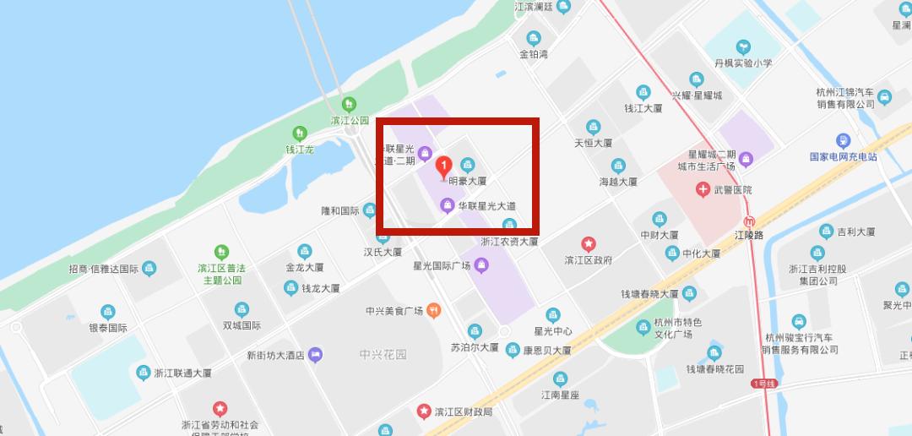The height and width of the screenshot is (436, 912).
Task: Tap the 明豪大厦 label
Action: (467, 181)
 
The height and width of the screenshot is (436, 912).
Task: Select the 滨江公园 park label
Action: (350, 121)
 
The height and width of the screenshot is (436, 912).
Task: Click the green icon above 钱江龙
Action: (299, 134)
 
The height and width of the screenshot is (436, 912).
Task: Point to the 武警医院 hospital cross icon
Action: (703, 190)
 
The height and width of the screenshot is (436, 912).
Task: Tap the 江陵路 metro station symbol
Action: (749, 221)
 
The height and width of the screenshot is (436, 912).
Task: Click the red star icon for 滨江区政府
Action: (588, 244)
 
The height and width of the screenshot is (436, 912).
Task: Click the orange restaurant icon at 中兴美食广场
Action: (433, 310)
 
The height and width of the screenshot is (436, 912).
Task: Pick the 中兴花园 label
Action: (383, 355)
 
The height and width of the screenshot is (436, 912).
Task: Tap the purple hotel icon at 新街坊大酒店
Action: (315, 355)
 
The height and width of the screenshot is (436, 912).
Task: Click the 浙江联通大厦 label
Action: (182, 373)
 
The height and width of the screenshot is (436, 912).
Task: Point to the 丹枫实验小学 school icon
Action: (743, 46)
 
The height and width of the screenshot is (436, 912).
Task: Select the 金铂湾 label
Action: (534, 54)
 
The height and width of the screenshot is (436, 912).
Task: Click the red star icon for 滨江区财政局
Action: (423, 411)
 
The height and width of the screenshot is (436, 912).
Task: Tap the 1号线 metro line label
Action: (763, 384)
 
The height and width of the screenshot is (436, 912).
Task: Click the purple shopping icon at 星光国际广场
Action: (481, 265)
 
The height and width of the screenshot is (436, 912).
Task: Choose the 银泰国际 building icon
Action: (107, 312)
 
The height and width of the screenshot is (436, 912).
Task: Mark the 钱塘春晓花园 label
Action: (714, 369)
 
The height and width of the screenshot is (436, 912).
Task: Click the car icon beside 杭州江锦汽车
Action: (884, 97)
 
